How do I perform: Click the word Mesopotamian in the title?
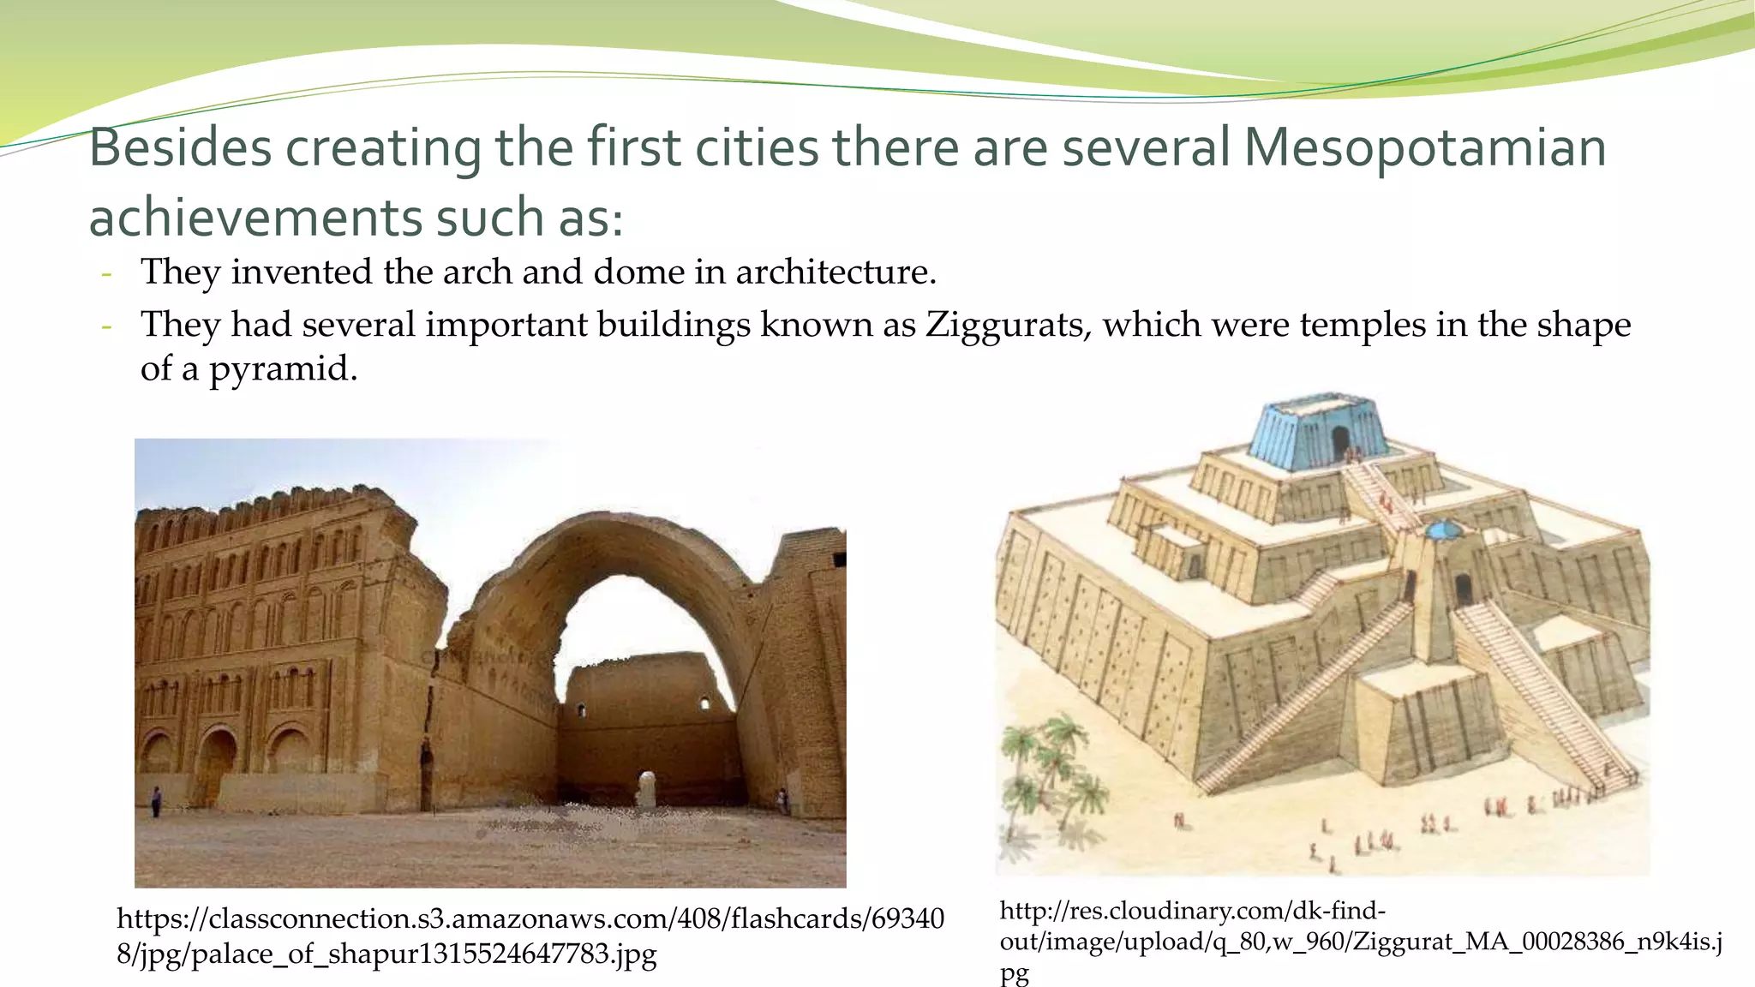coord(1424,147)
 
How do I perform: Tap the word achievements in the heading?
coord(255,218)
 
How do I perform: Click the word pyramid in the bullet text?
coord(282,370)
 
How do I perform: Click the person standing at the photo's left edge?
coord(156,802)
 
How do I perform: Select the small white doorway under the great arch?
coord(647,787)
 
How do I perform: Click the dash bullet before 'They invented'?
coord(106,274)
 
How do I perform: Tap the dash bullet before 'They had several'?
coord(106,327)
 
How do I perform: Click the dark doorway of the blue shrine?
coord(1339,443)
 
